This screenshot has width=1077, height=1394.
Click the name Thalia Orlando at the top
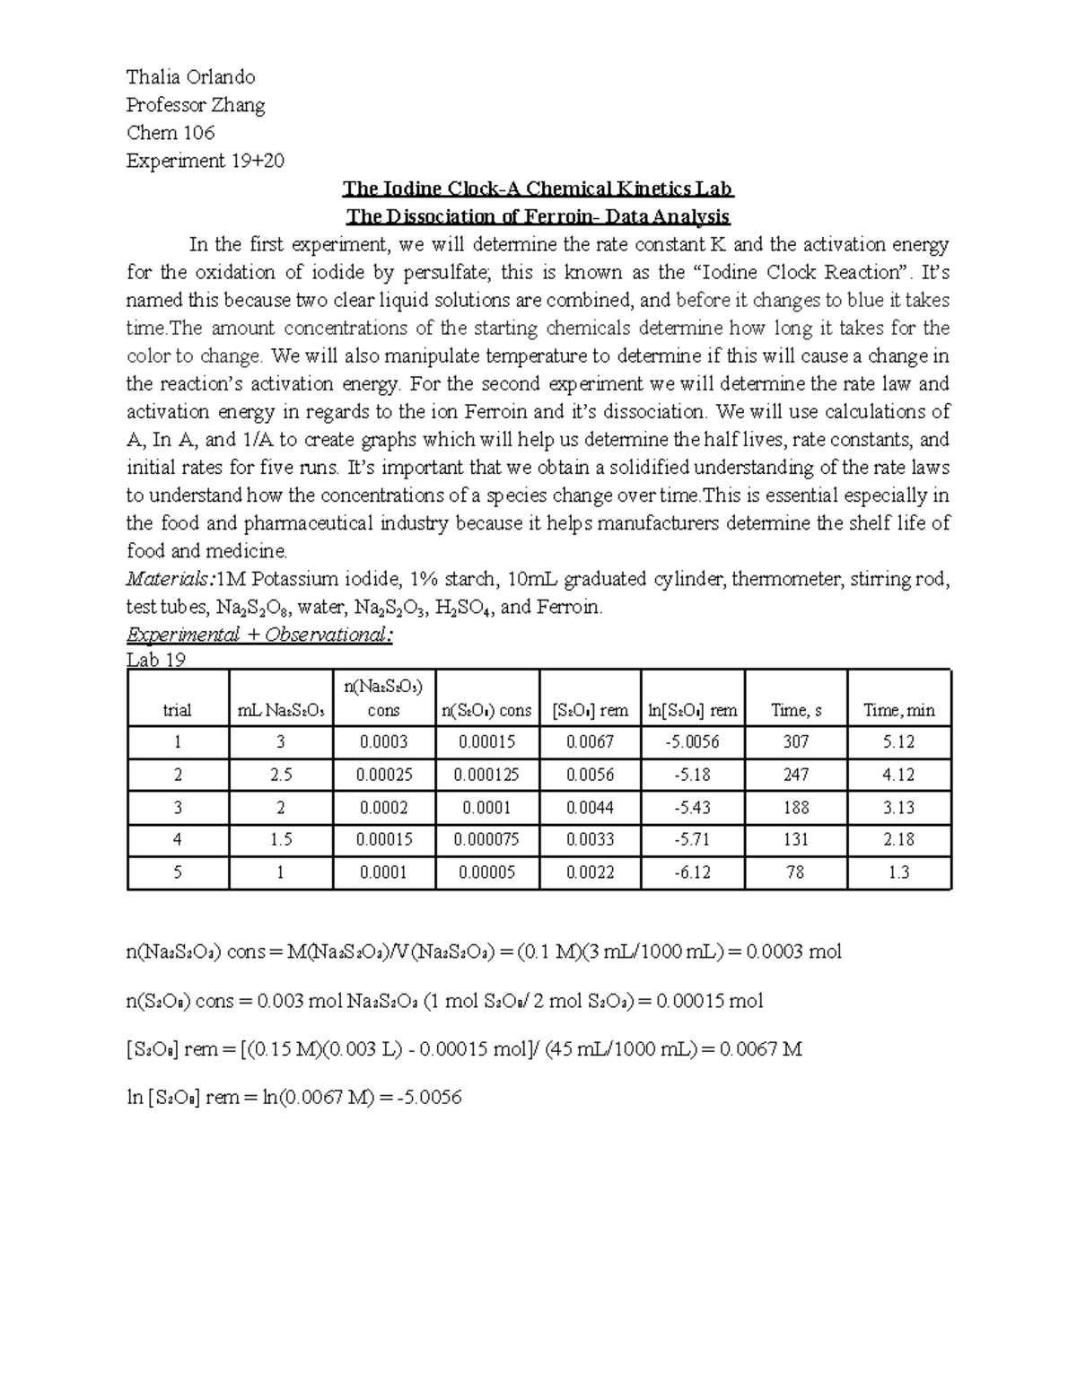coord(190,77)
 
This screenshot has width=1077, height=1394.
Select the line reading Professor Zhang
coord(196,105)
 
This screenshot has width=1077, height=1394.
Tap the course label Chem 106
coord(171,133)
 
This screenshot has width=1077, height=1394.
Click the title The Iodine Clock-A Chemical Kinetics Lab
coord(538,188)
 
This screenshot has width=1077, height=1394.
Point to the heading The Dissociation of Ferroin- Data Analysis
coord(538,216)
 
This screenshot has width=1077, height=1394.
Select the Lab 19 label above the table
coord(156,660)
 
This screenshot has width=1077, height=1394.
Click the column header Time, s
coord(795,710)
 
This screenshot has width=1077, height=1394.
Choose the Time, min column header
coord(898,710)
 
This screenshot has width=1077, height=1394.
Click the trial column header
coord(177,710)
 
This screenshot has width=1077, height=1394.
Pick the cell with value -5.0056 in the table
coord(692,742)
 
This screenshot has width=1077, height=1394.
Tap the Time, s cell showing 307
coord(795,742)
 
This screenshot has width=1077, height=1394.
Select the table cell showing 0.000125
coord(486,775)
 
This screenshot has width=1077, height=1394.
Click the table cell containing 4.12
coord(898,775)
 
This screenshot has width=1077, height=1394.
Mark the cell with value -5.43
coord(692,807)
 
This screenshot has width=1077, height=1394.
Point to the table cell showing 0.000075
coord(486,839)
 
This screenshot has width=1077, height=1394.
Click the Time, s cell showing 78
coord(795,872)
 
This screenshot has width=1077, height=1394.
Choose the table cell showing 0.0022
coord(590,872)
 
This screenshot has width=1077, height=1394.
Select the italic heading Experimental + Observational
coord(259,635)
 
